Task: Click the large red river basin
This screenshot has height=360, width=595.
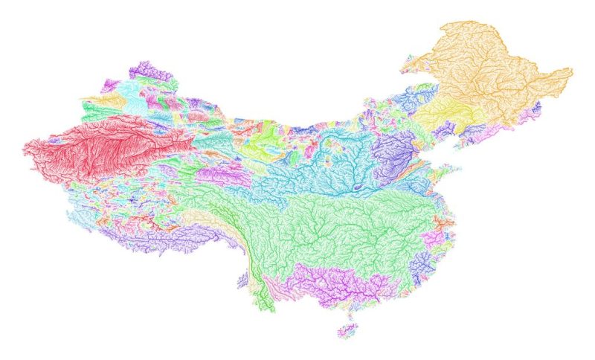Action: coord(97,149)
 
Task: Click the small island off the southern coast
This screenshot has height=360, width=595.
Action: coord(347,328)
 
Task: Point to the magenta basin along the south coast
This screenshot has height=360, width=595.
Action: coord(327,283)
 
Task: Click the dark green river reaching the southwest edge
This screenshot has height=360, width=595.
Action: coord(260,298)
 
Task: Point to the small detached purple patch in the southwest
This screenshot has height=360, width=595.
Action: coord(242,280)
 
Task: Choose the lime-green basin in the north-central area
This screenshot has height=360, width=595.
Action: coord(264,141)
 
